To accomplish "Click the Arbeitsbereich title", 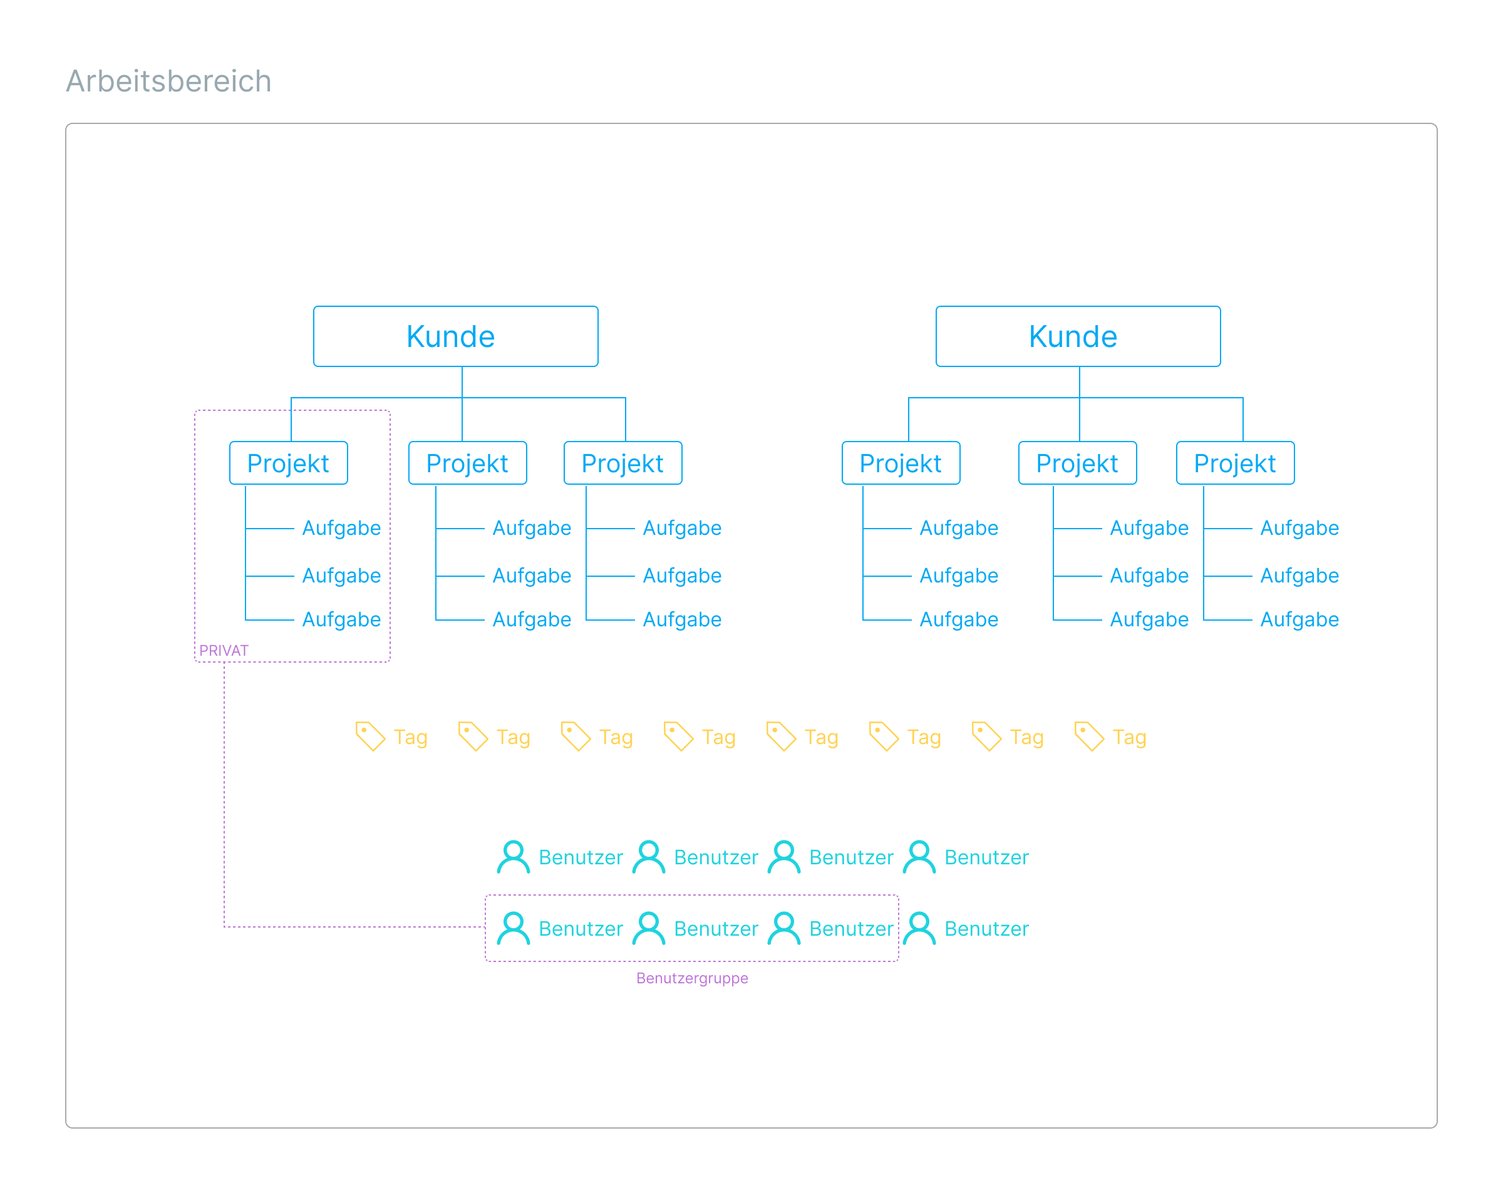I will [x=168, y=81].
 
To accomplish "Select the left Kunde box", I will [x=455, y=336].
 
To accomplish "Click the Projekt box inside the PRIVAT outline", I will [x=288, y=463].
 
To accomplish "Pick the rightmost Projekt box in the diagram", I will [x=1235, y=463].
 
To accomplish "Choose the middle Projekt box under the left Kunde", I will [x=467, y=463].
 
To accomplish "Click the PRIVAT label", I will [x=224, y=651].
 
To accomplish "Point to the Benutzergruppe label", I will [x=691, y=978].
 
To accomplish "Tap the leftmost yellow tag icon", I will [x=370, y=737].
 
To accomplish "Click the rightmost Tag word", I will [x=1129, y=737].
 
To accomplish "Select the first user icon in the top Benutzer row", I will [x=514, y=857].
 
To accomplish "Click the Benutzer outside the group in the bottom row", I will [x=986, y=929].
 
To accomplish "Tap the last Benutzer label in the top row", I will [x=986, y=857].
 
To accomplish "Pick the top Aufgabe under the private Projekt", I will [x=341, y=528].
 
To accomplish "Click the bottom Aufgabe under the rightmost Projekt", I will [x=1299, y=619].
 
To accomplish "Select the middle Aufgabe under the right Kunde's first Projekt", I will [x=958, y=576].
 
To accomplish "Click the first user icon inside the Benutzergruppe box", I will [x=514, y=929].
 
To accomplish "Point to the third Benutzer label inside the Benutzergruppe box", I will [x=851, y=929].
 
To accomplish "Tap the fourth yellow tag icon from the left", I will [x=678, y=737].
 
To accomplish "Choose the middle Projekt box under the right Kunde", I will [x=1077, y=463].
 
